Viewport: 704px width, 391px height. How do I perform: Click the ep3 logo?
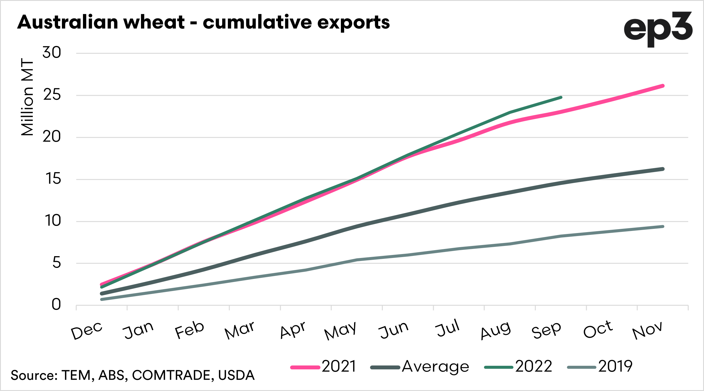[658, 29]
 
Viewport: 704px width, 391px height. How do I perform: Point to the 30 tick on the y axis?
[52, 53]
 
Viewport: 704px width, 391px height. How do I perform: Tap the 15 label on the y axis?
[53, 179]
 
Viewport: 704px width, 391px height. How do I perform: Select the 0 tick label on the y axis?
[56, 305]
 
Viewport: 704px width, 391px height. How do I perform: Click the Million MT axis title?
[27, 97]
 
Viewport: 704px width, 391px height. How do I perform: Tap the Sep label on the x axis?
[546, 330]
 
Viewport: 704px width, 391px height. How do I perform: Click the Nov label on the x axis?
[647, 330]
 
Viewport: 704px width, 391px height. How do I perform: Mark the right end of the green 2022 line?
[561, 98]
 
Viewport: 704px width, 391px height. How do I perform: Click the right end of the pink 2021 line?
[663, 86]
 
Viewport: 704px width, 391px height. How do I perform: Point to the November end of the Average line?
[663, 169]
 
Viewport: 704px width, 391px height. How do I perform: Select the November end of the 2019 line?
[663, 226]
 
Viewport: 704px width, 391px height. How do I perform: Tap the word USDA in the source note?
[236, 375]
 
